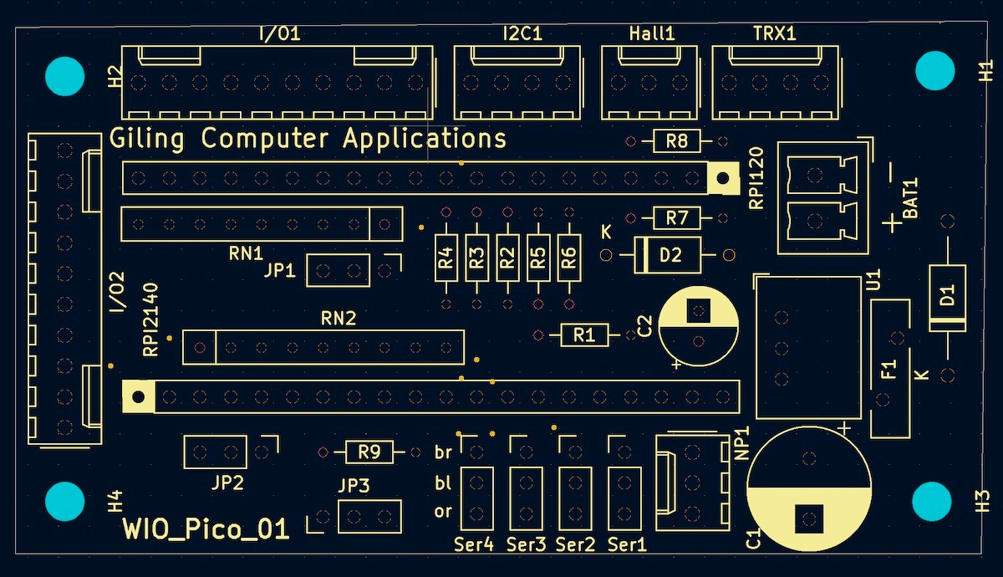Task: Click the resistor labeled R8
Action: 676,141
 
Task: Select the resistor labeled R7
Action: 676,218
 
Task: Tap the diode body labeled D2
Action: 669,254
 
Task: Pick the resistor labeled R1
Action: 583,335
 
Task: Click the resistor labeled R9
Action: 369,452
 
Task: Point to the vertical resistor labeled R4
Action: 446,258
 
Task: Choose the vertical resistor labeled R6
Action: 569,258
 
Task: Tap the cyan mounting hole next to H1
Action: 935,70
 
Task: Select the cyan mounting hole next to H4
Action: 64,501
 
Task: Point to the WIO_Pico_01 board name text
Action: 206,529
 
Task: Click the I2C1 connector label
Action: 522,34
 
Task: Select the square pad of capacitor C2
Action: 699,310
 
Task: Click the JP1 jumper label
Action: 279,271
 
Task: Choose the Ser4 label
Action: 474,545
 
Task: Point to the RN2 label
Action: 339,318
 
